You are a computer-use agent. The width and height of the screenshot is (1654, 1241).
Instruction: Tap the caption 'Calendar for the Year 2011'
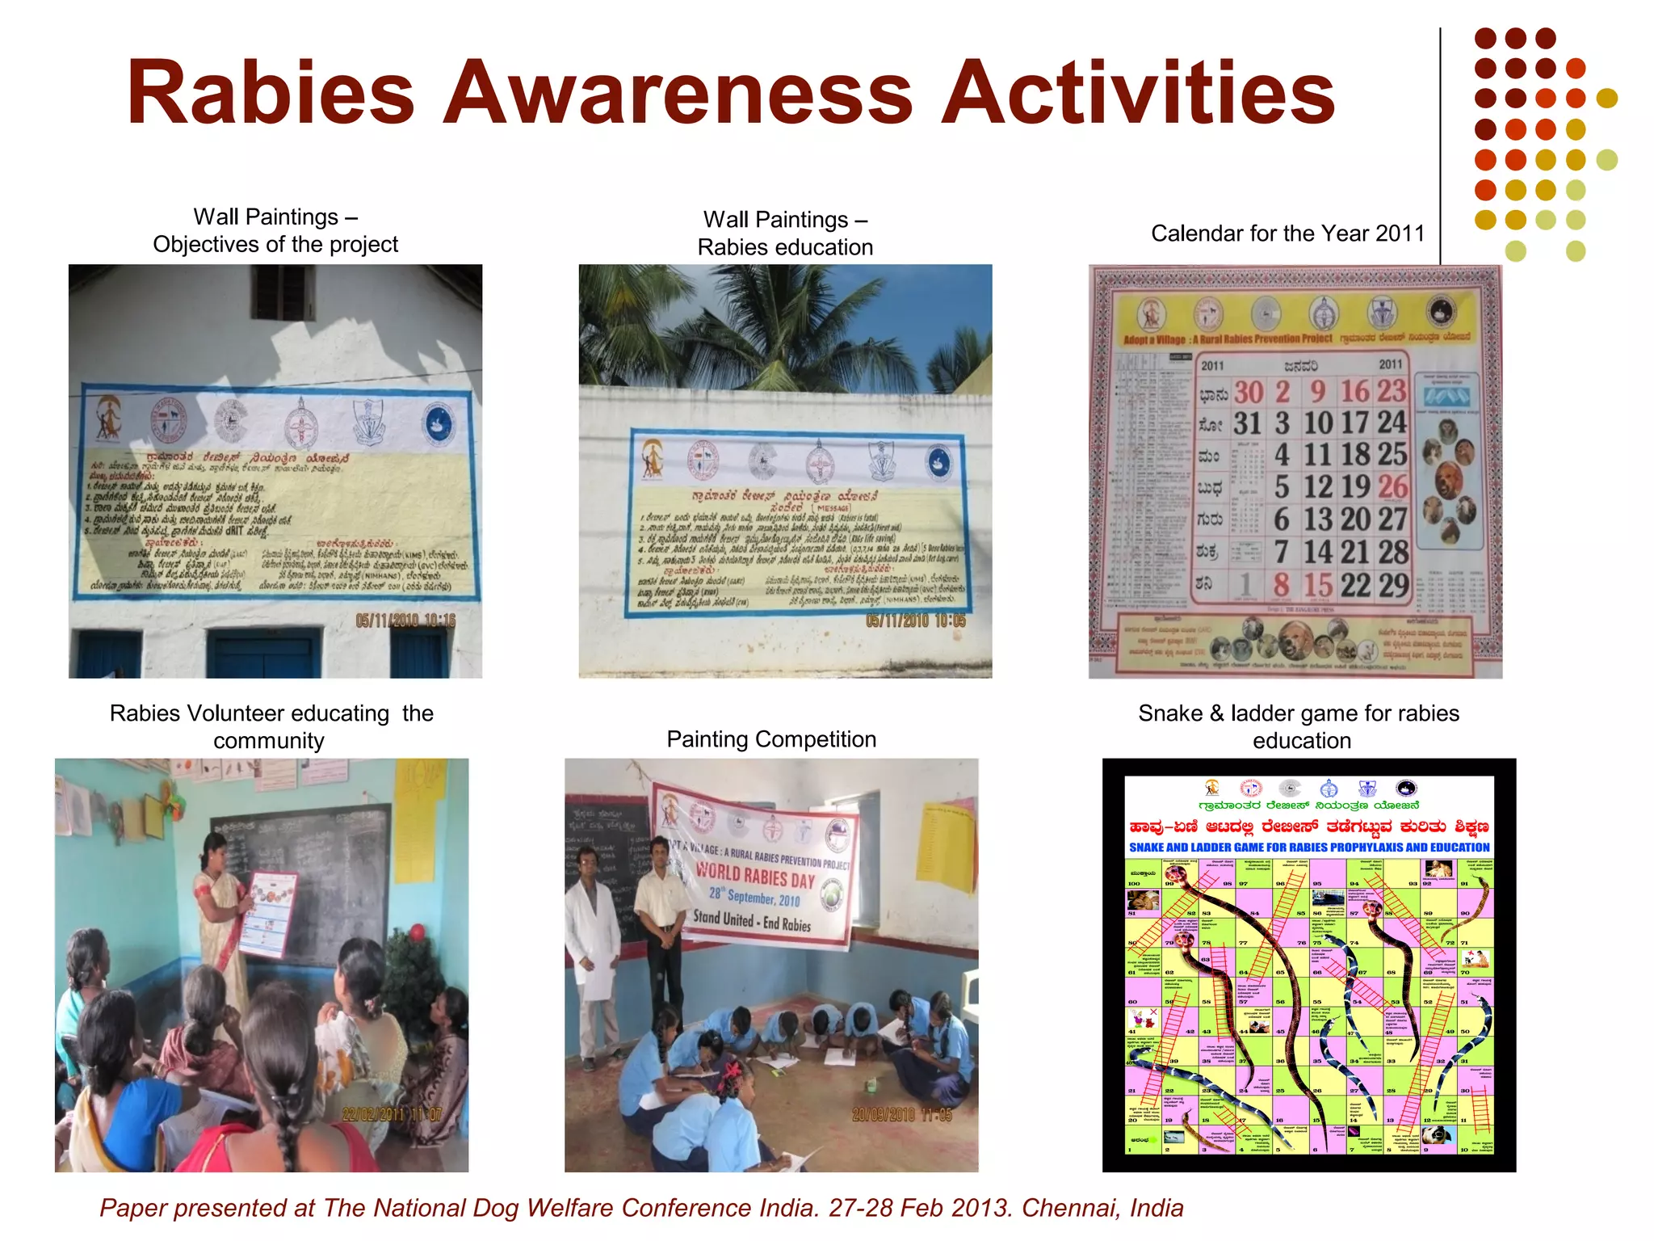(1287, 233)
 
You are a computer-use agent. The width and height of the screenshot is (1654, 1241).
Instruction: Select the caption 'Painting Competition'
(771, 739)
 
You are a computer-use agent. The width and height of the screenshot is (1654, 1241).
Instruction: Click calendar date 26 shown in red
(1392, 486)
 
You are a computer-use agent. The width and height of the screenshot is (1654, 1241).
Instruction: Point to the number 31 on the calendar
(1247, 423)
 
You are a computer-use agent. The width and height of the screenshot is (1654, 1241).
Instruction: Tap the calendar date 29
(1393, 585)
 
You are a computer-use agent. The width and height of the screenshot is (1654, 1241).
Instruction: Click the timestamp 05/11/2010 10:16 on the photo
(405, 620)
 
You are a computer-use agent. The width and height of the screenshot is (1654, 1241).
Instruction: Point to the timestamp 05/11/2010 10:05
(915, 620)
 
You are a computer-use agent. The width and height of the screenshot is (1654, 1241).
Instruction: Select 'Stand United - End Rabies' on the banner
(751, 921)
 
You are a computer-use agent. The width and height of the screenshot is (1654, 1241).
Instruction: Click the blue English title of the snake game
(1309, 848)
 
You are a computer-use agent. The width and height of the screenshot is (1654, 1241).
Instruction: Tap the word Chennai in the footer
(1069, 1208)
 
